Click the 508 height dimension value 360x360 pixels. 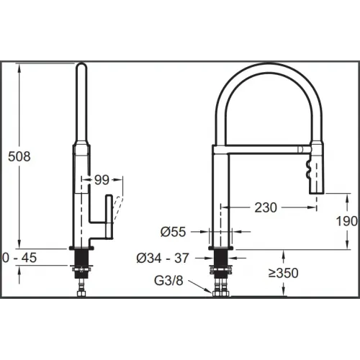click(19, 156)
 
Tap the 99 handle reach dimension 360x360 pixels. click(102, 180)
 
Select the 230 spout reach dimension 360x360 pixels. click(266, 207)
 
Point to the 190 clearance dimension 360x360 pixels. click(346, 221)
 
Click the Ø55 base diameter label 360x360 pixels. click(173, 232)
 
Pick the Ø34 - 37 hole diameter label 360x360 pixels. click(163, 258)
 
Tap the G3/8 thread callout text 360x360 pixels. click(168, 281)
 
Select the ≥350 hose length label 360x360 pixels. click(284, 273)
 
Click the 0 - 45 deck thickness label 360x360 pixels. click(19, 258)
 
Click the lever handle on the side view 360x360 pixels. click(109, 217)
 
